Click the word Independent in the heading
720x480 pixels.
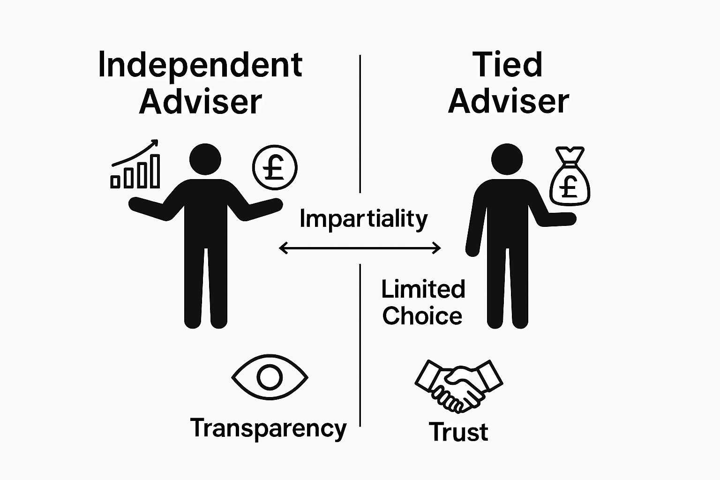pos(200,66)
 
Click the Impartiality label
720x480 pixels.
pos(363,219)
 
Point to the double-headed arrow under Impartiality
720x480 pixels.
pos(360,248)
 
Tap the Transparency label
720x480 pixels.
pos(268,428)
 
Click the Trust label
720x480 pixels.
pos(458,432)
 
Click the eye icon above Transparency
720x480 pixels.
pos(270,377)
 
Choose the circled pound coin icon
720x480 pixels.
pos(275,167)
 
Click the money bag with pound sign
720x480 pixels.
pos(570,178)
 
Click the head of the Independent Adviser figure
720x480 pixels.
pos(205,160)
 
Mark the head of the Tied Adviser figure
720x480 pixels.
pos(507,160)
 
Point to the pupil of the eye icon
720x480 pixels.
pos(270,377)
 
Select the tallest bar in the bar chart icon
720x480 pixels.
pos(154,171)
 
